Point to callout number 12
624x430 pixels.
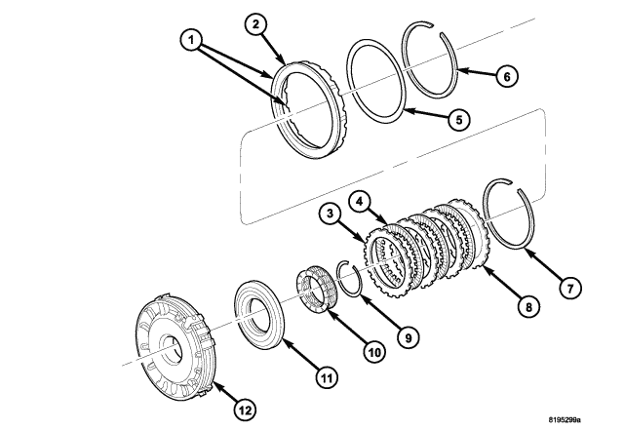pyautogui.click(x=247, y=410)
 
